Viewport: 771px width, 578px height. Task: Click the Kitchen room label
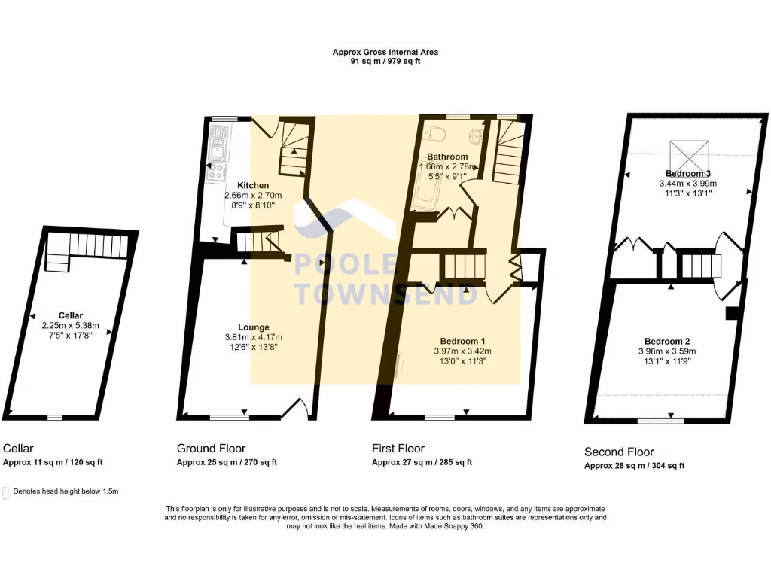point(253,185)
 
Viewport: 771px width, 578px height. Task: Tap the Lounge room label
point(254,327)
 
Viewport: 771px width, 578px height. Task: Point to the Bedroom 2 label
point(667,341)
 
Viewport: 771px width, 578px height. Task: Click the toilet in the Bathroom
point(434,134)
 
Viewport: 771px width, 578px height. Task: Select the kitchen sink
point(218,138)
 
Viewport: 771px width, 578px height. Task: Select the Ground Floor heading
point(211,449)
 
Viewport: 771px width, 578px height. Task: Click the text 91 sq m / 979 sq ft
point(385,62)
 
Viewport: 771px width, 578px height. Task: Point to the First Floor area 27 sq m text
point(422,462)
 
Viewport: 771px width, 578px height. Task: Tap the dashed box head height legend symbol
point(7,491)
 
